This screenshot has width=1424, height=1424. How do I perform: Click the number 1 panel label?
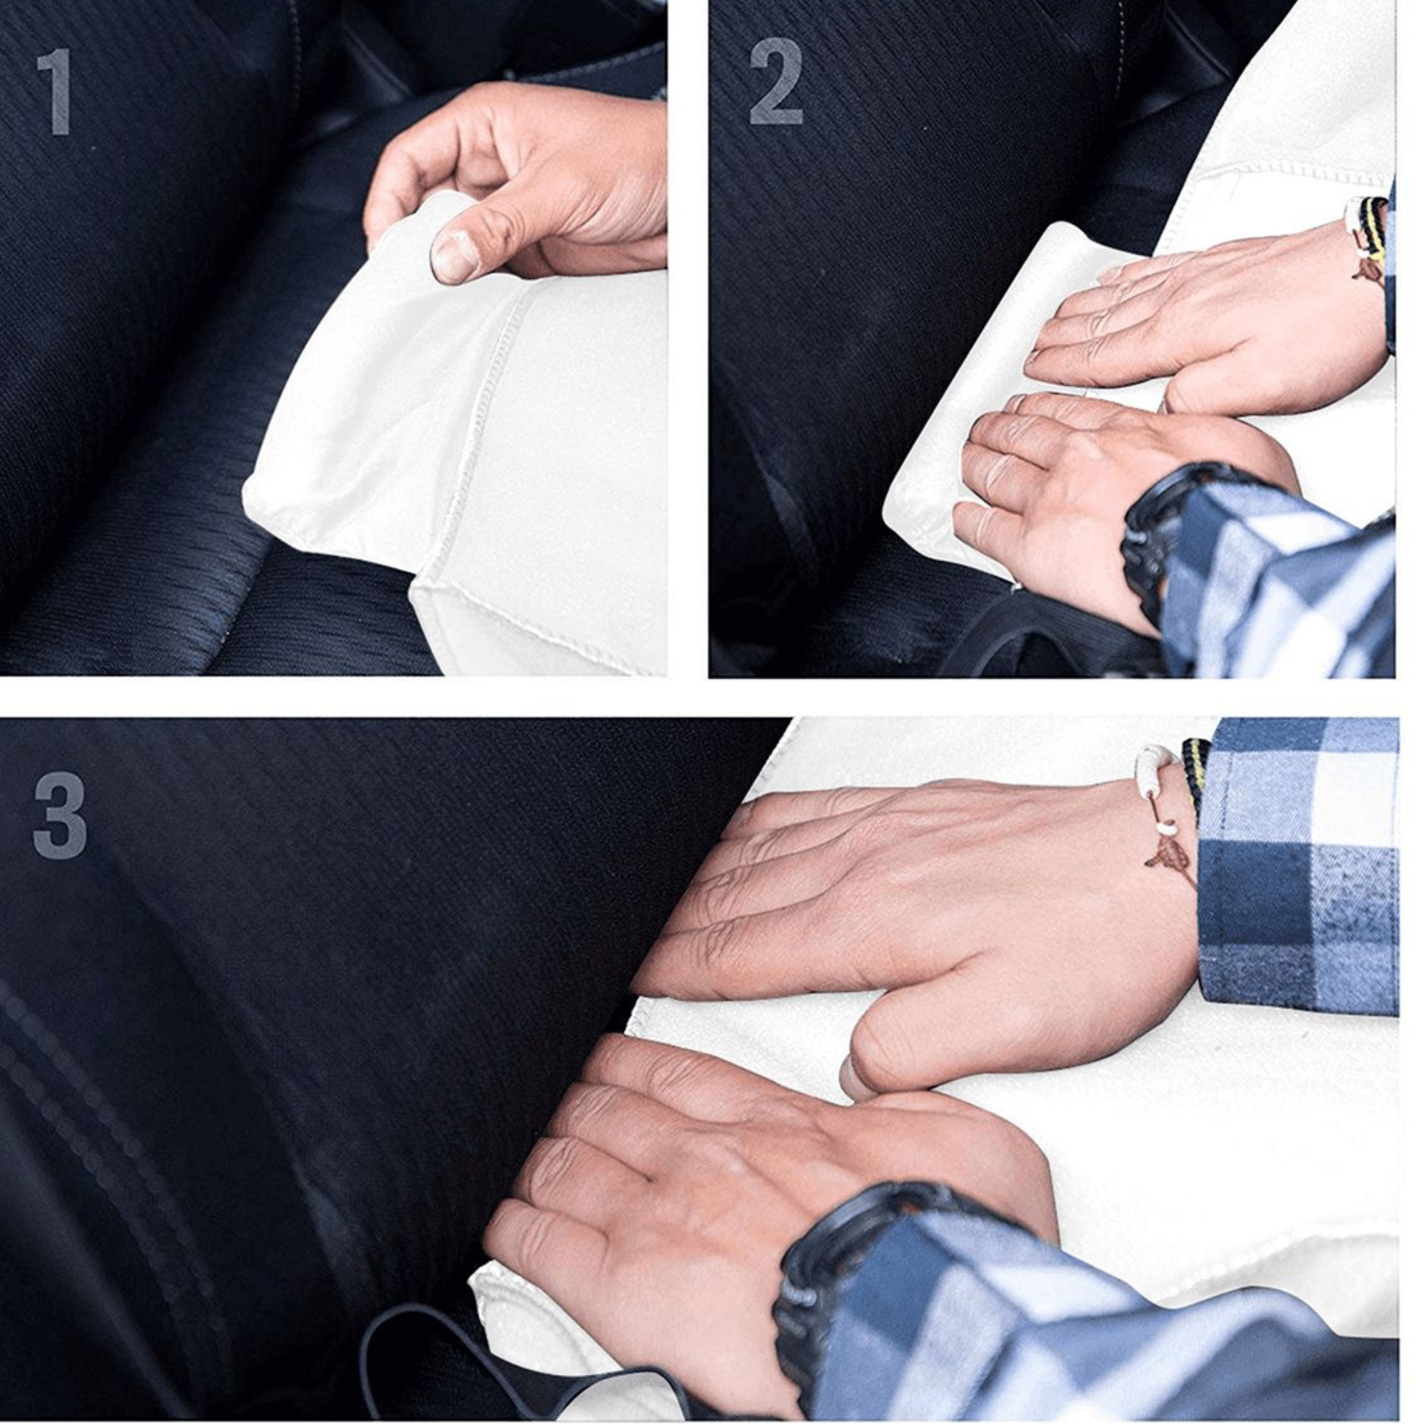click(x=56, y=91)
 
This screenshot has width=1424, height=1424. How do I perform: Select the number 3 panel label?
click(x=60, y=815)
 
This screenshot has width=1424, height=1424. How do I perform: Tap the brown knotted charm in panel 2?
click(x=1369, y=268)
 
